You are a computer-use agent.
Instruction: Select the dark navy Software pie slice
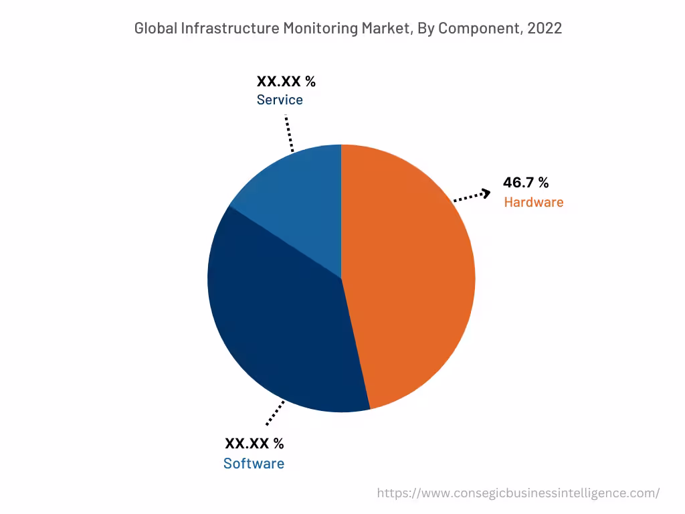pyautogui.click(x=281, y=321)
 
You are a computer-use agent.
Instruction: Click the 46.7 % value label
pyautogui.click(x=526, y=183)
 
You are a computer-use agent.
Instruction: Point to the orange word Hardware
pyautogui.click(x=533, y=202)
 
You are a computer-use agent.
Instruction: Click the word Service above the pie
pyautogui.click(x=280, y=100)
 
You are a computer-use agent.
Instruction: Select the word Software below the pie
pyautogui.click(x=254, y=463)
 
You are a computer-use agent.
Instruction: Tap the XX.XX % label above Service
pyautogui.click(x=286, y=82)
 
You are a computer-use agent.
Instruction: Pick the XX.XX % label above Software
pyautogui.click(x=254, y=443)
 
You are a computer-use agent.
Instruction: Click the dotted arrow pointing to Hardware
pyautogui.click(x=472, y=196)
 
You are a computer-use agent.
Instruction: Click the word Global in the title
pyautogui.click(x=155, y=28)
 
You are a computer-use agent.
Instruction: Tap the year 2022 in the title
pyautogui.click(x=545, y=28)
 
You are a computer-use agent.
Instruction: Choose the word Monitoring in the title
pyautogui.click(x=320, y=28)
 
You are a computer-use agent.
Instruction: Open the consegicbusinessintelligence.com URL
pyautogui.click(x=518, y=493)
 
